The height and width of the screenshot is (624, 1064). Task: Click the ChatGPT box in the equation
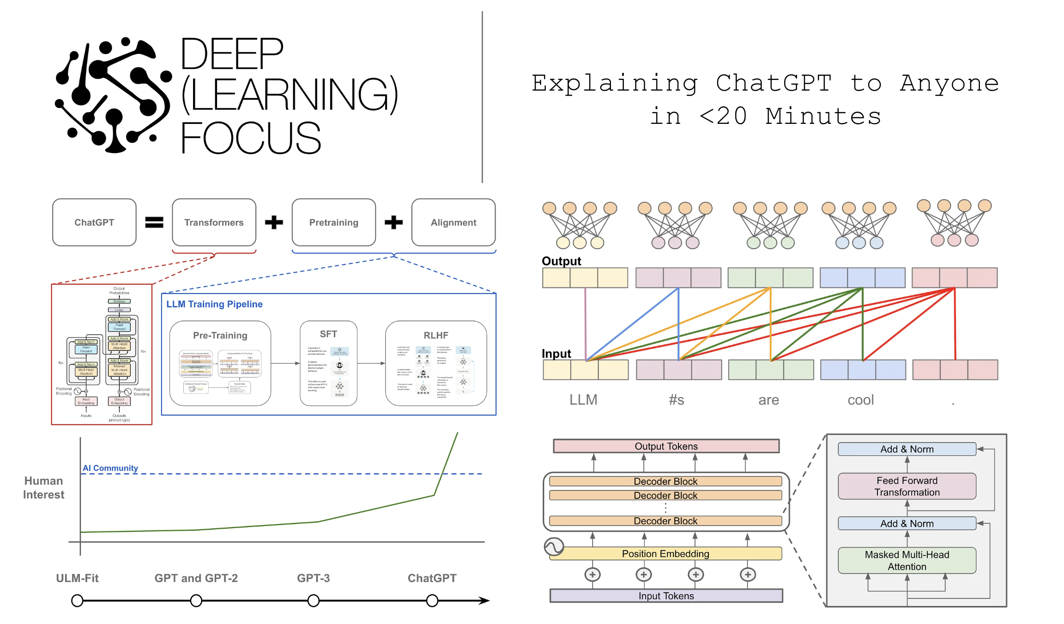click(x=94, y=222)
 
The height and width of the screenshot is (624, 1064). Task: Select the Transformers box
click(x=214, y=222)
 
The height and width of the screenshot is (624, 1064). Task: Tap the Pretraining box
click(x=333, y=222)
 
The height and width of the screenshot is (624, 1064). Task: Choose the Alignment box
click(x=453, y=222)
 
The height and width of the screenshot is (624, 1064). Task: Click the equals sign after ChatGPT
click(x=154, y=222)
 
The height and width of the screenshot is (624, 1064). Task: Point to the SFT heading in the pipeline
click(x=328, y=334)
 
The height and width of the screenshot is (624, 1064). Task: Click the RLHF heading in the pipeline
click(x=435, y=335)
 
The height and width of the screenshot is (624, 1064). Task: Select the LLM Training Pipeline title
click(x=214, y=304)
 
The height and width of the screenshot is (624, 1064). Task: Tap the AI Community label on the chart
click(x=110, y=468)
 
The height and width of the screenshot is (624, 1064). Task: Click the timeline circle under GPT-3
click(x=314, y=600)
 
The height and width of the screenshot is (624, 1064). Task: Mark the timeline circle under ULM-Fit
click(x=77, y=600)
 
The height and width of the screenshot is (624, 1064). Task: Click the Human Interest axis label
click(x=43, y=488)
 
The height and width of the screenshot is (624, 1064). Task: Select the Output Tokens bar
click(x=666, y=446)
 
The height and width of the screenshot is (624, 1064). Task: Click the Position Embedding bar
click(x=665, y=554)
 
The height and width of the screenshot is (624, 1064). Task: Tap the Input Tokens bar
click(x=666, y=596)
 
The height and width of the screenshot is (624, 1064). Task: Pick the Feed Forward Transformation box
click(x=907, y=486)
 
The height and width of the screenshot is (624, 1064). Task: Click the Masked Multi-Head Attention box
click(x=907, y=560)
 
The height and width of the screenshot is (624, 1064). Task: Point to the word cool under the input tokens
click(x=860, y=400)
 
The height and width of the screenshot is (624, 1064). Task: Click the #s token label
click(x=677, y=400)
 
